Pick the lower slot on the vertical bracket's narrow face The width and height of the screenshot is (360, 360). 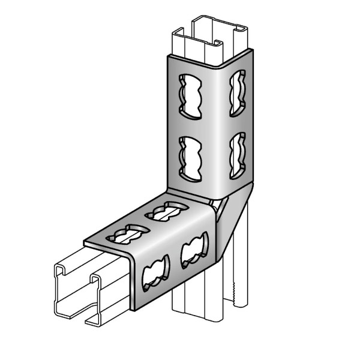click(x=237, y=147)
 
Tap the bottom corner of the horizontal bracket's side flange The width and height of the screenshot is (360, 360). click(x=135, y=308)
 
